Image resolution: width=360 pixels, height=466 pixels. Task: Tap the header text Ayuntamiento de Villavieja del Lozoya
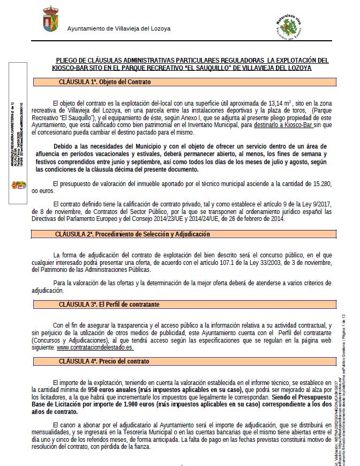[x=119, y=28]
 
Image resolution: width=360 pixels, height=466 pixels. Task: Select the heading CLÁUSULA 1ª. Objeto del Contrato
[x=104, y=82]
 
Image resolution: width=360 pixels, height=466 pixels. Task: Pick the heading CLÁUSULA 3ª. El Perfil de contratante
[x=109, y=304]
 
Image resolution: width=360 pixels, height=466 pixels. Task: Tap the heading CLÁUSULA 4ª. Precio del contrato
[x=104, y=361]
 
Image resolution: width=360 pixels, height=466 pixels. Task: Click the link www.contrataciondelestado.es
[x=95, y=347]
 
